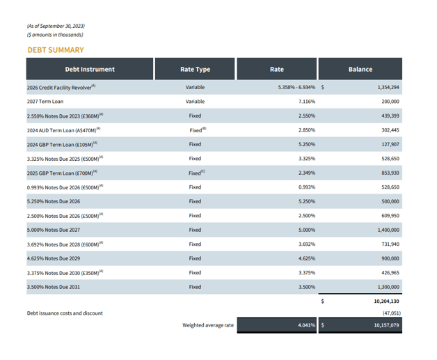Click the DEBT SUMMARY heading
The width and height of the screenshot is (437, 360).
55,50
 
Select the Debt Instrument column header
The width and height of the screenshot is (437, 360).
89,70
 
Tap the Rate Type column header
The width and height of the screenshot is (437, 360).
195,70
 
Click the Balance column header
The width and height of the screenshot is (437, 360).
360,70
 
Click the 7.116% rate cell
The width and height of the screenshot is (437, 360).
307,102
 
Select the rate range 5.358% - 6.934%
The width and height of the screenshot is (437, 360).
296,88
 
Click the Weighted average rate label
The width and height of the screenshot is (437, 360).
208,325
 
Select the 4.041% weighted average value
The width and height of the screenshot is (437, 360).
307,325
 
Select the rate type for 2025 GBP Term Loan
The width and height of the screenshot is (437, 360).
196,173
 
